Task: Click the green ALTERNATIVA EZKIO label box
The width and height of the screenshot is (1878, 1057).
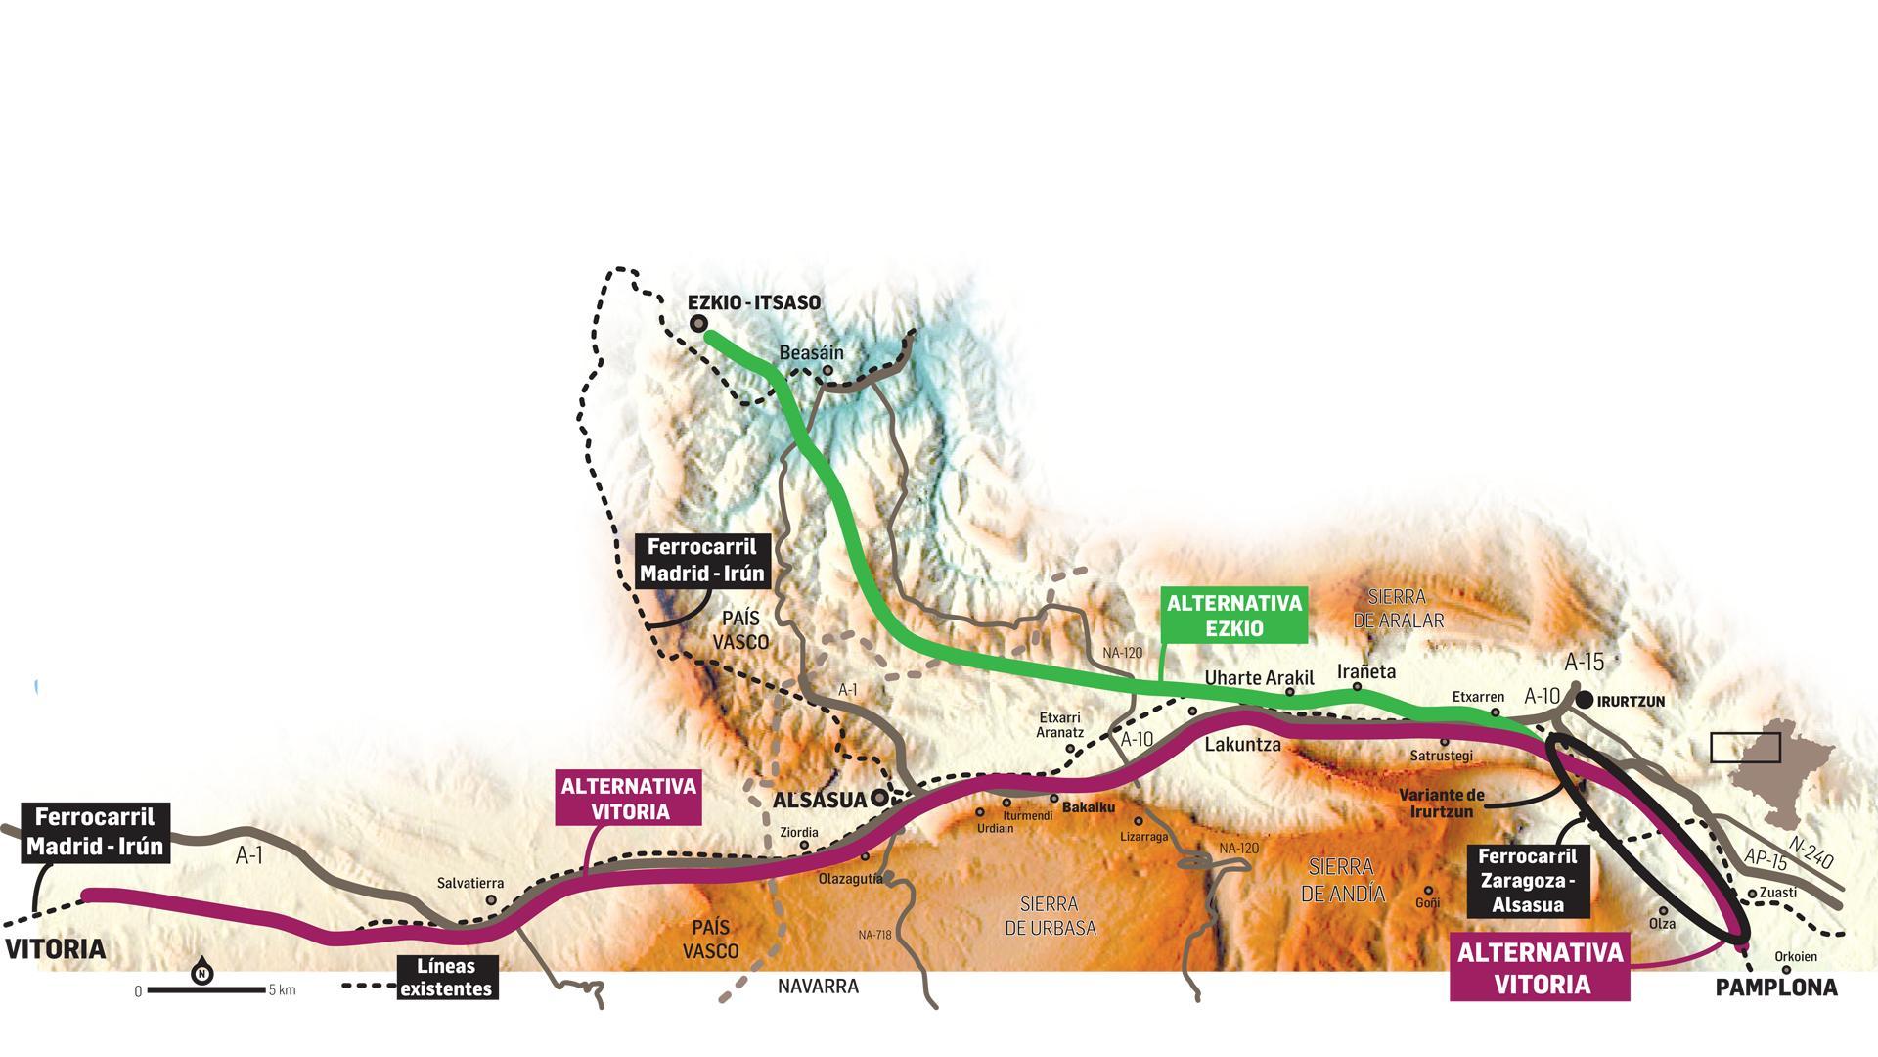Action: tap(1234, 616)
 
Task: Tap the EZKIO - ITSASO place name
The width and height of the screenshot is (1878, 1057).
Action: tap(754, 302)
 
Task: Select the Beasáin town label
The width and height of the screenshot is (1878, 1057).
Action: tap(811, 352)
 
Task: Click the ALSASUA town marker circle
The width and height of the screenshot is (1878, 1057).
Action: tap(879, 798)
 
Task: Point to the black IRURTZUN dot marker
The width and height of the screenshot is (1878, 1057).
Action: tap(1584, 700)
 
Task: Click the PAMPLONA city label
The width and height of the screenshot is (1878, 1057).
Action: tap(1776, 988)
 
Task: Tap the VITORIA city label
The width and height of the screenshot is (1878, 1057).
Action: tap(56, 949)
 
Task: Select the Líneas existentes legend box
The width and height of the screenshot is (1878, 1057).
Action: tap(447, 978)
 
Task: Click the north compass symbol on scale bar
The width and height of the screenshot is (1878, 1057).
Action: tap(201, 973)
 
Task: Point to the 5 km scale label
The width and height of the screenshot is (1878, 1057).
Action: tap(282, 990)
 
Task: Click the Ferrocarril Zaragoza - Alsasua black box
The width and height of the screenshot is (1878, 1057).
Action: tap(1527, 881)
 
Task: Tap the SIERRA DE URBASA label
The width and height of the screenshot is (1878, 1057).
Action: tap(1049, 916)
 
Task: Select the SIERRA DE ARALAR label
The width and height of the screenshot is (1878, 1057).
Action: tap(1398, 609)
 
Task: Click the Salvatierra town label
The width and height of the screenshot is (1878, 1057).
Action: tap(470, 883)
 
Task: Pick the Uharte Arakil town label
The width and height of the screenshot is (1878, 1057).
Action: tap(1259, 678)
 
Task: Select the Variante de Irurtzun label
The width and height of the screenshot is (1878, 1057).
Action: tap(1441, 803)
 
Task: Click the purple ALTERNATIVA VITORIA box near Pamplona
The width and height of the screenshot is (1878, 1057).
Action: tap(1540, 968)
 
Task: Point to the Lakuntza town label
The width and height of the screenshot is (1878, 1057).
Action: tap(1242, 745)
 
